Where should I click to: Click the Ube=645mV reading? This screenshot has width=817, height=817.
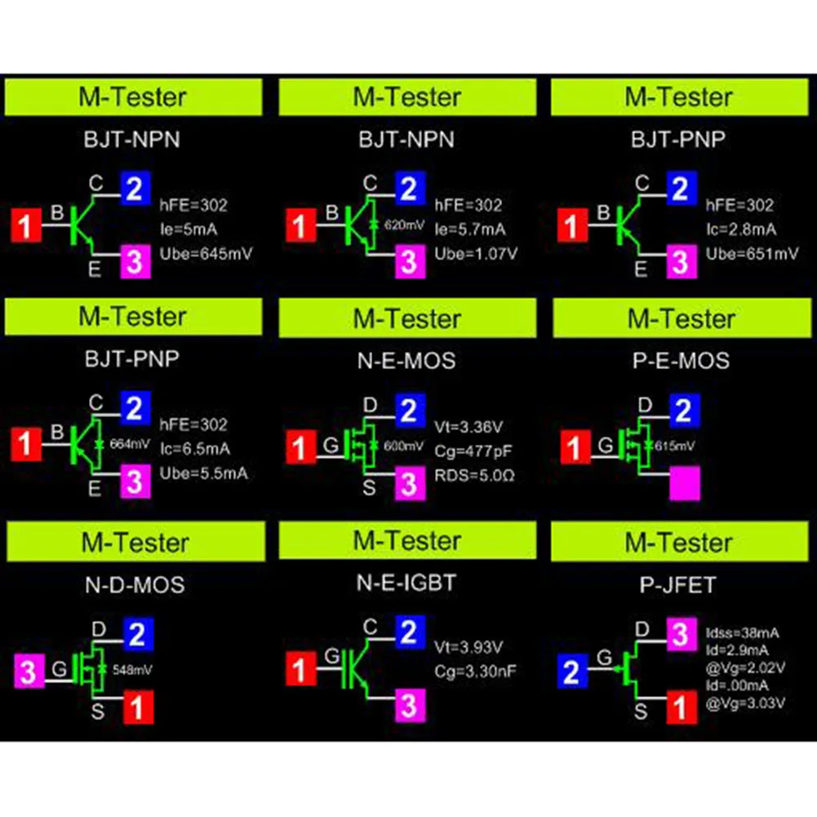pyautogui.click(x=207, y=254)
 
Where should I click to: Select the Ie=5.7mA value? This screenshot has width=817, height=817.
pyautogui.click(x=469, y=229)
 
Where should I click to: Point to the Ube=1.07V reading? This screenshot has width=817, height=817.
pyautogui.click(x=475, y=254)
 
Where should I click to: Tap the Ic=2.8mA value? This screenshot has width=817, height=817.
pyautogui.click(x=742, y=229)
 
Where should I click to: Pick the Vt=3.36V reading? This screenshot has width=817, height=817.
pyautogui.click(x=468, y=425)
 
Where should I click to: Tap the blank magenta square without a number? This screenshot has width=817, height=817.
pyautogui.click(x=684, y=483)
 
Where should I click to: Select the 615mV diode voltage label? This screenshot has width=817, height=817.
pyautogui.click(x=675, y=446)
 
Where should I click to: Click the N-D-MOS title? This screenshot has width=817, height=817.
pyautogui.click(x=134, y=584)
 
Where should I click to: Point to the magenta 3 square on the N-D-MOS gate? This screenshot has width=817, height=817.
pyautogui.click(x=29, y=672)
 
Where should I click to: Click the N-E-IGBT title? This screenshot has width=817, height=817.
pyautogui.click(x=407, y=583)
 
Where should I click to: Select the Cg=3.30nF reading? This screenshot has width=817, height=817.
pyautogui.click(x=477, y=672)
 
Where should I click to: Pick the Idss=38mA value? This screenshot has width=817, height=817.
pyautogui.click(x=741, y=632)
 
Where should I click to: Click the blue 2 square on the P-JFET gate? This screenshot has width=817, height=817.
pyautogui.click(x=573, y=673)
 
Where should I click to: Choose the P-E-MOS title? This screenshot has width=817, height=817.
pyautogui.click(x=681, y=360)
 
